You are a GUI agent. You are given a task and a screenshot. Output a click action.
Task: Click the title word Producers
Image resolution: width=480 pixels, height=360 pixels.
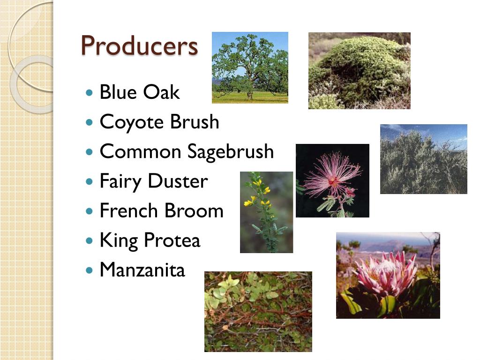click(139, 46)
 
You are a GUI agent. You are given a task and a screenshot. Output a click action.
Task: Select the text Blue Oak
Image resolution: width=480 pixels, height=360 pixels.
click(139, 92)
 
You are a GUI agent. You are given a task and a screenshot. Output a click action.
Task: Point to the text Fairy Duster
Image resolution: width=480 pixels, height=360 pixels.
click(153, 181)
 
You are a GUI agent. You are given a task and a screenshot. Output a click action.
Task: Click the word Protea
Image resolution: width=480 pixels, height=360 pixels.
click(172, 240)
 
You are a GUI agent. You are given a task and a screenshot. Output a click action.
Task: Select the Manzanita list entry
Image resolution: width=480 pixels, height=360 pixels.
click(142, 270)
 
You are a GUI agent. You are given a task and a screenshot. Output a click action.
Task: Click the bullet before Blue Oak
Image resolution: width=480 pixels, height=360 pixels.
click(90, 92)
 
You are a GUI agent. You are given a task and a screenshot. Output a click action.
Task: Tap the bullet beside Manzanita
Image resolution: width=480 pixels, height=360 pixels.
click(90, 270)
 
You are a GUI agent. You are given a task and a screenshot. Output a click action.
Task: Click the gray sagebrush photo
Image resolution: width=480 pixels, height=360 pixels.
click(423, 162)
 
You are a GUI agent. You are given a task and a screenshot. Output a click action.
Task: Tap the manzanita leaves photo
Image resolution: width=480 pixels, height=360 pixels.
click(258, 311)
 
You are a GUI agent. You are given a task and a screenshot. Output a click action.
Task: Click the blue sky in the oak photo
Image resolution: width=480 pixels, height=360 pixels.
click(277, 40)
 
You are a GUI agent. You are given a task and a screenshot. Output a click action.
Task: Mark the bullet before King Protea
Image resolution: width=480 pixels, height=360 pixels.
click(90, 241)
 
